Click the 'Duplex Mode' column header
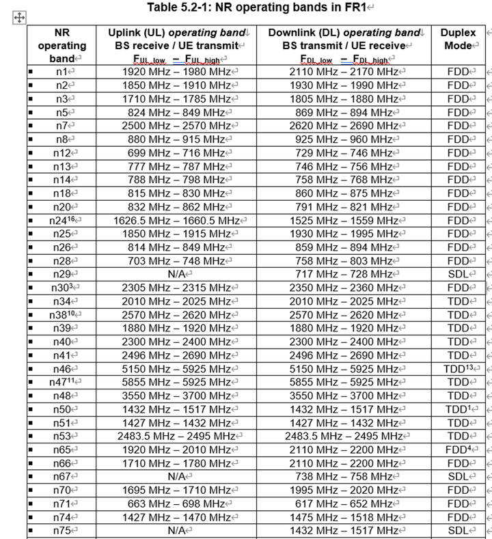point(458,39)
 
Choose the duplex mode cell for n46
point(458,368)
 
